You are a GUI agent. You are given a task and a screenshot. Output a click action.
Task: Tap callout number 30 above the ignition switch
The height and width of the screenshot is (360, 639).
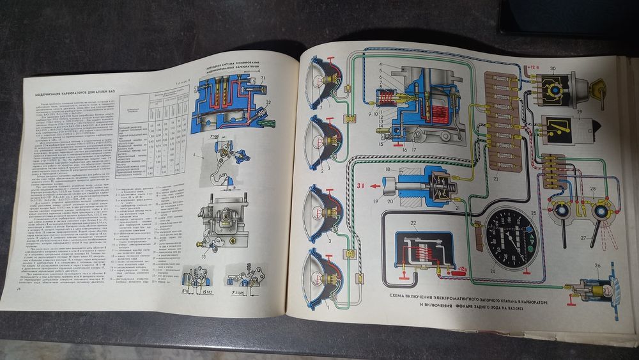click(x=555, y=69)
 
